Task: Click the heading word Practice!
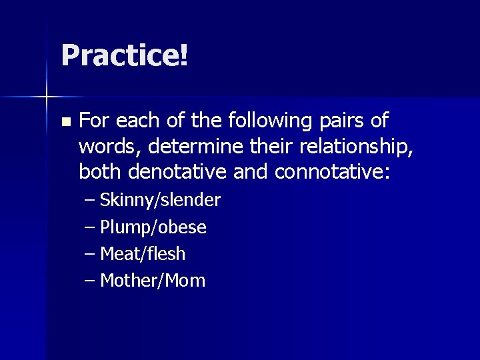124,56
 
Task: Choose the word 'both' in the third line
98,173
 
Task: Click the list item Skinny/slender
160,200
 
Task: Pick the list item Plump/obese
153,227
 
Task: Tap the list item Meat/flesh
143,254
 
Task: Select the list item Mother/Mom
153,281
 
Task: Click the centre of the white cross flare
47,97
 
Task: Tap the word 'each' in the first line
139,121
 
